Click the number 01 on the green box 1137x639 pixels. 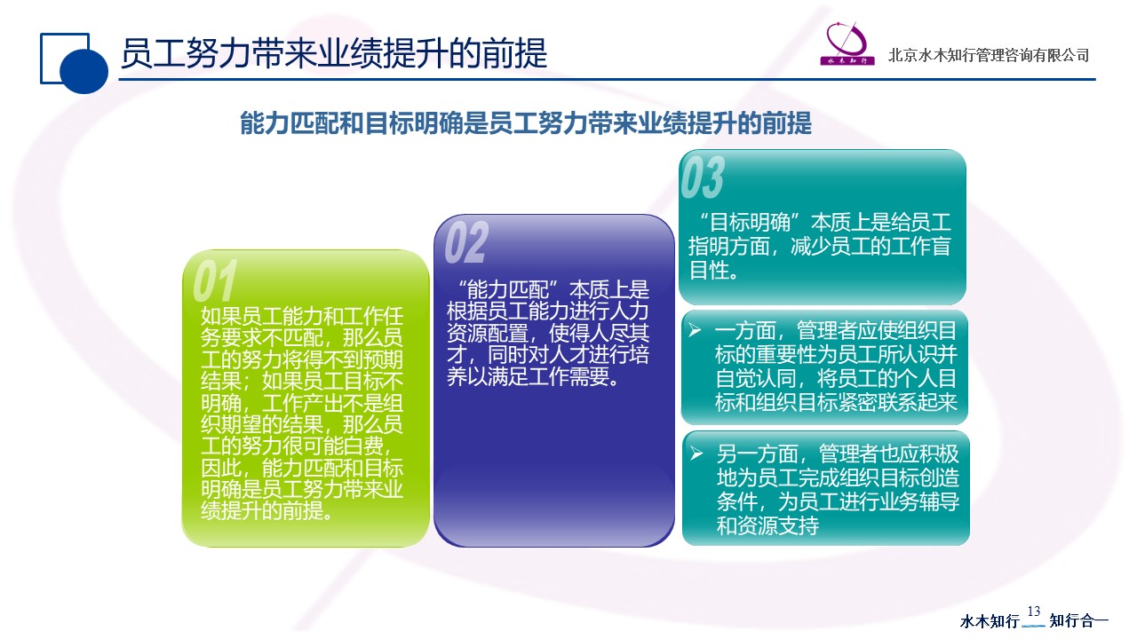(215, 280)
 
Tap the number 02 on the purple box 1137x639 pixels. (466, 242)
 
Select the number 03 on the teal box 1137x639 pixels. (703, 177)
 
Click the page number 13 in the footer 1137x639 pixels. (1033, 611)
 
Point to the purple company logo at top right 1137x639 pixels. (847, 44)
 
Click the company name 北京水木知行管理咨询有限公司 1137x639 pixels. (989, 55)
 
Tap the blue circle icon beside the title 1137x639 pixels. (83, 71)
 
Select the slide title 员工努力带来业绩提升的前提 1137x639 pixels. (333, 53)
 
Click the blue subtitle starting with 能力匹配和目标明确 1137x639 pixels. (526, 123)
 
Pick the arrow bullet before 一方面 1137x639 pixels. (695, 331)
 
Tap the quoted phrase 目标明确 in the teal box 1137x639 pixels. (750, 222)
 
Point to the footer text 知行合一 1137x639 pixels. (1078, 620)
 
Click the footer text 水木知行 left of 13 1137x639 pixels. (990, 620)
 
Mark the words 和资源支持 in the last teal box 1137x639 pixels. (767, 526)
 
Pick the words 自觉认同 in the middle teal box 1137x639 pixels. (755, 378)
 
